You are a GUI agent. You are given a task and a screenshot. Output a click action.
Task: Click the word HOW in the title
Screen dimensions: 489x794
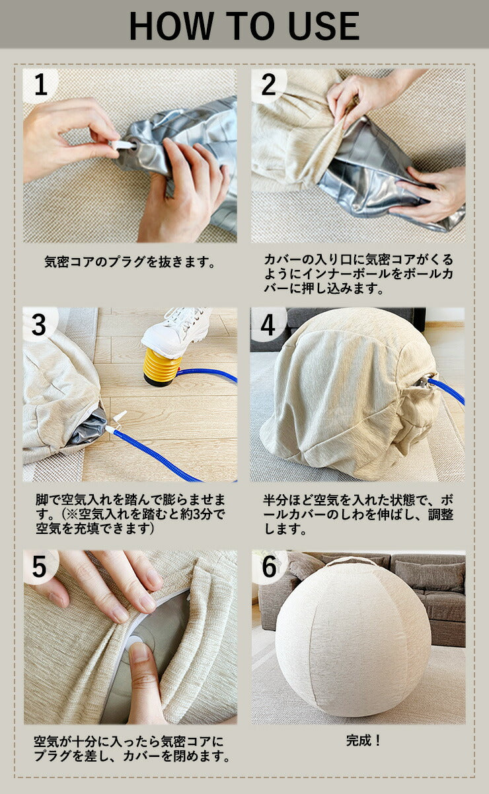point(171,26)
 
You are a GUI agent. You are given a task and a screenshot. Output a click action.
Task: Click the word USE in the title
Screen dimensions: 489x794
point(324,26)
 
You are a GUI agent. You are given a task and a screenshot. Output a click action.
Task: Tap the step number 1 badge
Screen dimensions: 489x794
point(41,85)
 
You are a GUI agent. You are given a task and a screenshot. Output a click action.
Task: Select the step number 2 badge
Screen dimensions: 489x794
point(269,85)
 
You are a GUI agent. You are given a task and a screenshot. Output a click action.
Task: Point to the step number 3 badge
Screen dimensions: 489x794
point(39,325)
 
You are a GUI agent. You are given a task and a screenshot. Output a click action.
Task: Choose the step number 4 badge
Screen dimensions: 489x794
point(268,325)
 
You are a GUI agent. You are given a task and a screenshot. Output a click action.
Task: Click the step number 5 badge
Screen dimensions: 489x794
point(39,567)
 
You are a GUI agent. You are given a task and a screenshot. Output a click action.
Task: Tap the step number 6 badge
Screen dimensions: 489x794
point(269,567)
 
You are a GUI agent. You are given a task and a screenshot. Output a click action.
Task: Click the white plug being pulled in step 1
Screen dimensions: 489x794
point(121,145)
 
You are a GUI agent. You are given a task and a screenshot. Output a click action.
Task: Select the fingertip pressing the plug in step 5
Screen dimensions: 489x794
point(139,652)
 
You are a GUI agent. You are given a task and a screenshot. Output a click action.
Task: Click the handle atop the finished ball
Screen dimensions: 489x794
point(350,561)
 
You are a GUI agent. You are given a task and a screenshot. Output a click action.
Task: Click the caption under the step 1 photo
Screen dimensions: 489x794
point(130,262)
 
